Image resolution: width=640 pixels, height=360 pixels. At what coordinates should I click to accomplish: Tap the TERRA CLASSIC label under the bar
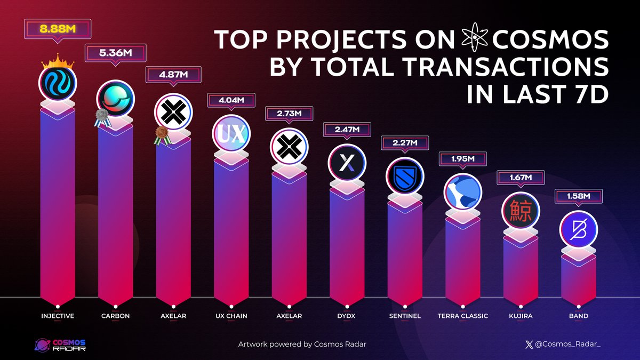point(462,316)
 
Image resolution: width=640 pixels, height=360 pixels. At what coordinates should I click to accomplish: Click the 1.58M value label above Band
point(578,197)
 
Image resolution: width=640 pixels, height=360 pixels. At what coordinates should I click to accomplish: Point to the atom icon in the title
point(473,40)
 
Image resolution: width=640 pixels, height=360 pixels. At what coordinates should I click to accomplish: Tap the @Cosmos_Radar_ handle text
point(571,345)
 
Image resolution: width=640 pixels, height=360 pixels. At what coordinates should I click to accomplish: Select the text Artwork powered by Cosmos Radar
point(302,345)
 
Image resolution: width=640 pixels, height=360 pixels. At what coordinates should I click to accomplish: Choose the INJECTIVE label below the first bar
point(58,316)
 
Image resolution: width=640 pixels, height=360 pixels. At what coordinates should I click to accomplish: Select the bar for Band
point(578,277)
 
